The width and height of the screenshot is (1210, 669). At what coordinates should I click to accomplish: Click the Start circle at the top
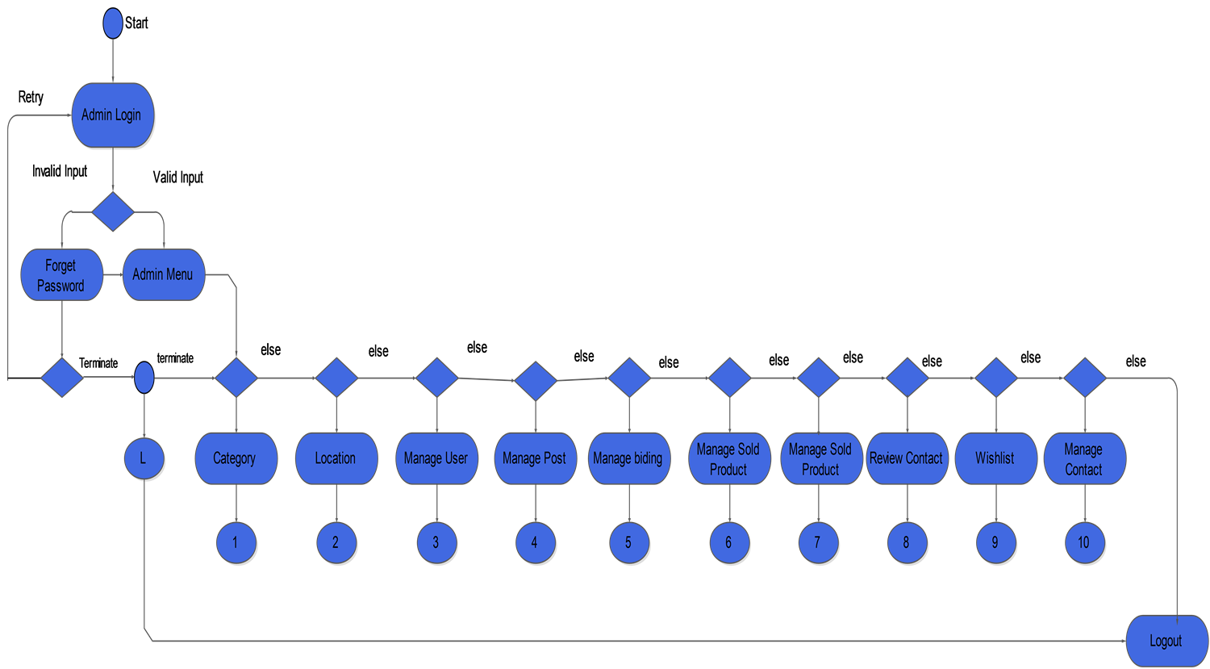pyautogui.click(x=113, y=23)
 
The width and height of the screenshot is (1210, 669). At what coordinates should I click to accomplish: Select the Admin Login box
pyautogui.click(x=113, y=115)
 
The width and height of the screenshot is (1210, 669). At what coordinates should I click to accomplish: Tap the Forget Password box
pyautogui.click(x=61, y=274)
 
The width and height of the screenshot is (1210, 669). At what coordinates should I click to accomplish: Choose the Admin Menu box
pyautogui.click(x=164, y=274)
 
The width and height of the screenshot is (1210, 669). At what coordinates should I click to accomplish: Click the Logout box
pyautogui.click(x=1167, y=641)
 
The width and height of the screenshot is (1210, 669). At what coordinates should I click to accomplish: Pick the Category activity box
pyautogui.click(x=236, y=458)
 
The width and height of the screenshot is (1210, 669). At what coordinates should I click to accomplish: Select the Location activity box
pyautogui.click(x=336, y=458)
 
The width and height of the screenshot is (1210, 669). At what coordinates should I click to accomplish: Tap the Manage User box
pyautogui.click(x=437, y=458)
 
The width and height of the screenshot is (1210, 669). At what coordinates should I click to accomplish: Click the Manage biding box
pyautogui.click(x=629, y=458)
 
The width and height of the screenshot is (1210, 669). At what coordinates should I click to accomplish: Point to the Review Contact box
pyautogui.click(x=907, y=458)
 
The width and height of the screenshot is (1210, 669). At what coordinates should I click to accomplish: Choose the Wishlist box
pyautogui.click(x=996, y=458)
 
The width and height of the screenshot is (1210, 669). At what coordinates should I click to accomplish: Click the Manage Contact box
pyautogui.click(x=1085, y=458)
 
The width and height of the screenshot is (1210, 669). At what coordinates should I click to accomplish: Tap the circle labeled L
pyautogui.click(x=144, y=459)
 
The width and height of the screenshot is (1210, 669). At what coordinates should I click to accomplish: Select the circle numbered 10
pyautogui.click(x=1085, y=542)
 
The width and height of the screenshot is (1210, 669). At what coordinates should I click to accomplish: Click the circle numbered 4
pyautogui.click(x=536, y=542)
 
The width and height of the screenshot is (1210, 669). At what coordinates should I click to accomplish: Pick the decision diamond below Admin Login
pyautogui.click(x=113, y=211)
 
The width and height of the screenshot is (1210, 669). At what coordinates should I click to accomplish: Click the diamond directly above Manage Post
pyautogui.click(x=536, y=381)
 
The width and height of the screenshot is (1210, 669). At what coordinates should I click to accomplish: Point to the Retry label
pyautogui.click(x=31, y=98)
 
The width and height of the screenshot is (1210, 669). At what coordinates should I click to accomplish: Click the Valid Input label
pyautogui.click(x=177, y=178)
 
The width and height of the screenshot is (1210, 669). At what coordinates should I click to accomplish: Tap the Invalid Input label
pyautogui.click(x=60, y=171)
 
